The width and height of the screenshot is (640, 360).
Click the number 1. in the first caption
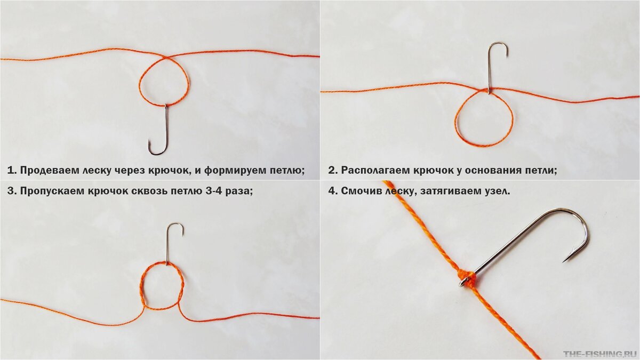pyautogui.click(x=11, y=171)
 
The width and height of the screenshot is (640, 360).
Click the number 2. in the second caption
pyautogui.click(x=333, y=171)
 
